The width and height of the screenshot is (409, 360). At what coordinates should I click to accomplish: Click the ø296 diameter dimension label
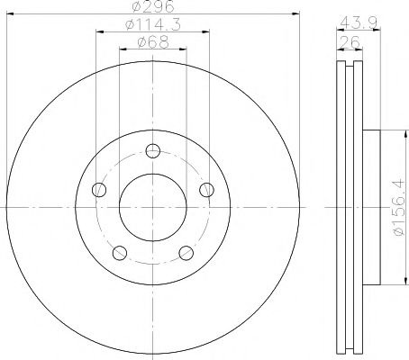point(152,8)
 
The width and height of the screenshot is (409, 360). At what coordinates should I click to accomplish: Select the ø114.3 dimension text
point(152,27)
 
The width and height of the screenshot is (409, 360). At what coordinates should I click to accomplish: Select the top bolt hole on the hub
point(152,150)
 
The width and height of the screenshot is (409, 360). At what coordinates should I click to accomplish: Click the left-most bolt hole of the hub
point(98,189)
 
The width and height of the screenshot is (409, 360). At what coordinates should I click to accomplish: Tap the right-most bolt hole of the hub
point(206,189)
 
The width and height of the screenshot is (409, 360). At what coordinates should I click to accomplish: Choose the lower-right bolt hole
point(186,253)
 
